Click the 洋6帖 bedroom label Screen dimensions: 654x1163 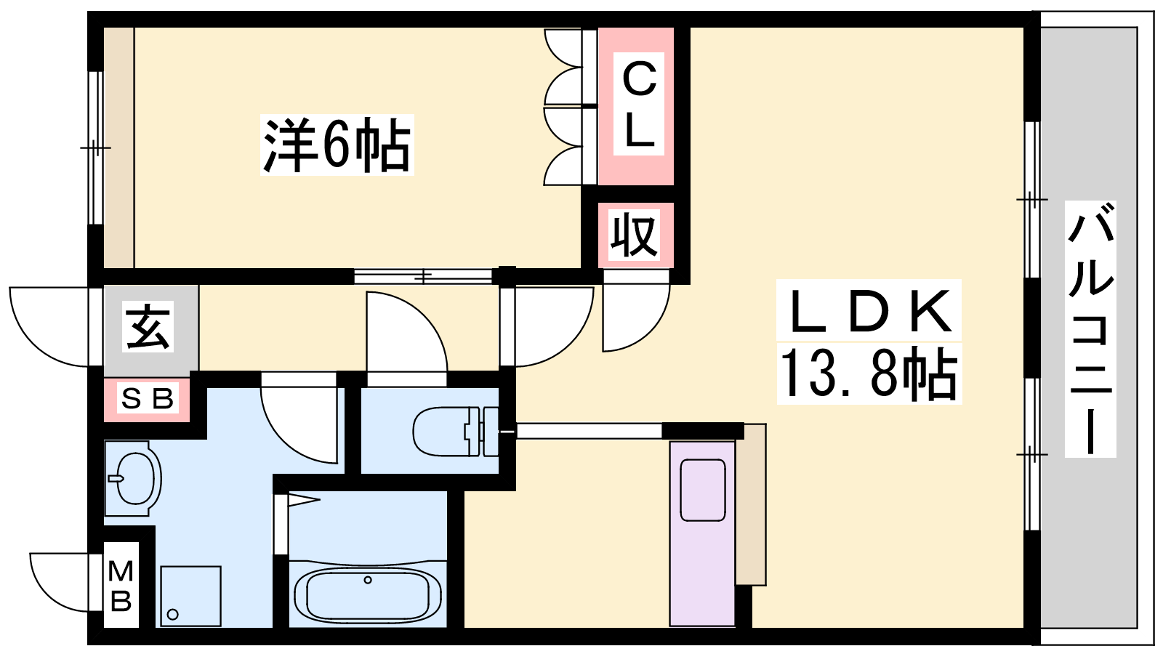tap(337, 145)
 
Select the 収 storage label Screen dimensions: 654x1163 tap(635, 235)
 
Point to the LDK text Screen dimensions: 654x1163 tap(869, 310)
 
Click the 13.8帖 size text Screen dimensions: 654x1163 tap(869, 374)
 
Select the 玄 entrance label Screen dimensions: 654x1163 tap(149, 328)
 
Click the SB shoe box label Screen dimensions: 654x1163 tap(148, 399)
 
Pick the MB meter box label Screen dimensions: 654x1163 tap(121, 586)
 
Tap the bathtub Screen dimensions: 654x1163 tap(368, 594)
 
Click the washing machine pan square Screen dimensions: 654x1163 tap(190, 596)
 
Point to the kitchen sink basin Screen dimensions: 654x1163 tap(703, 490)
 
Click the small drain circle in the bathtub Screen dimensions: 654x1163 tap(368, 580)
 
